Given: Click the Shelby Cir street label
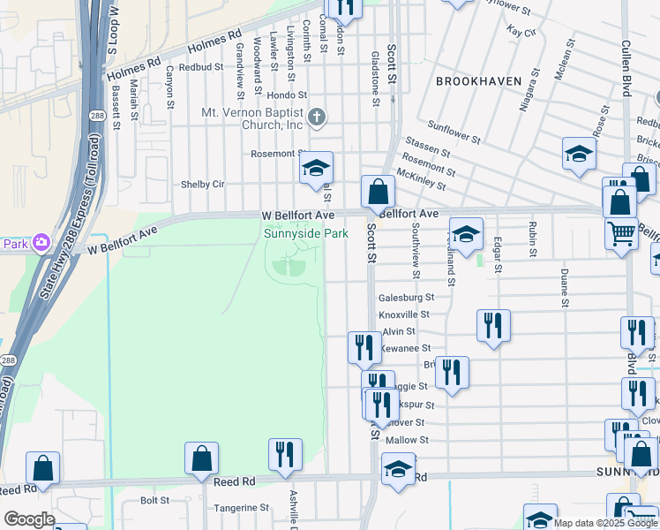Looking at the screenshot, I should coord(203,184).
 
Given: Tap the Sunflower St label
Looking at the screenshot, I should coord(454,132).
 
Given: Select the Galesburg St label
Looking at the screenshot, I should coord(407,298).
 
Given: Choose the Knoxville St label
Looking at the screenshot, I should coord(403,314).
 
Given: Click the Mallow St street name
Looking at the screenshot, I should coord(407,440).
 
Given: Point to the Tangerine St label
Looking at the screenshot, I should coord(240,508).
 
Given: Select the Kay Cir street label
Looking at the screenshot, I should coord(521,32).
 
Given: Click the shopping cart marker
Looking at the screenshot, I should coord(621,233).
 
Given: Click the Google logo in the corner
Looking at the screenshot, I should coord(29,519).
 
